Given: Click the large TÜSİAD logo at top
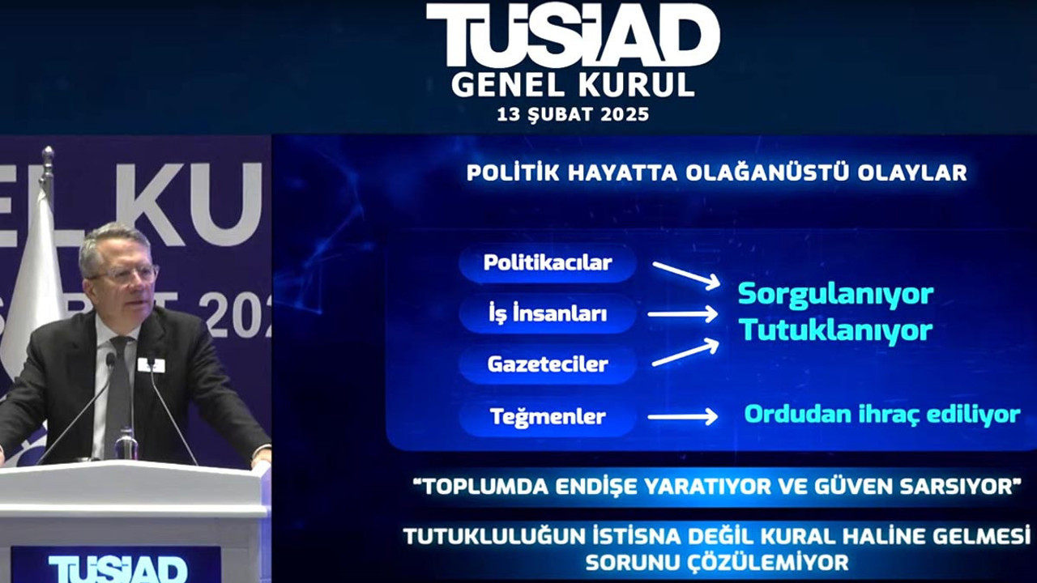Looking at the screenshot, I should pos(573,36).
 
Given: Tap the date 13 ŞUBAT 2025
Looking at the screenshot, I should pos(573,114).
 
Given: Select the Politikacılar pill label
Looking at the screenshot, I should pos(548,263).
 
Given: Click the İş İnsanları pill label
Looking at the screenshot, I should pos(548,314).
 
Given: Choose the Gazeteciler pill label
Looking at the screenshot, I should pos(548,364).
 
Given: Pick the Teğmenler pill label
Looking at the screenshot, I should pos(548,417).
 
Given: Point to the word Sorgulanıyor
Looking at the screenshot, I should pos(835,294).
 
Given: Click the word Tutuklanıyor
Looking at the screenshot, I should pos(835,330).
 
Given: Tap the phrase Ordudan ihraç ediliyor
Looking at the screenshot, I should pos(881,414).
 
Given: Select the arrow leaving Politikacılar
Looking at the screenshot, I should pos(685,274).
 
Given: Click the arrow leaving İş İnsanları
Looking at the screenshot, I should pos(683,314).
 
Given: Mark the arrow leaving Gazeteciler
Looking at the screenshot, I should pos(685,353).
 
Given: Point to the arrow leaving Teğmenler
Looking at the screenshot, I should pos(683,417).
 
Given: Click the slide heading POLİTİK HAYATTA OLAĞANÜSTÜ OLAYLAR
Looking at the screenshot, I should pos(716,172).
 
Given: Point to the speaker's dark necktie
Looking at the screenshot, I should pos(119,389).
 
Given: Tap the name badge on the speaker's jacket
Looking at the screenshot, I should pos(151,365).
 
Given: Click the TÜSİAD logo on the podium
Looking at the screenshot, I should pos(117,568).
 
